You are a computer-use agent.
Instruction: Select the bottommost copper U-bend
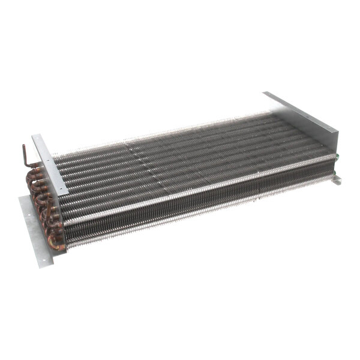coord(55,243)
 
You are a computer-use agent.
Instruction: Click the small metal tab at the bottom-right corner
coord(337,179)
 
